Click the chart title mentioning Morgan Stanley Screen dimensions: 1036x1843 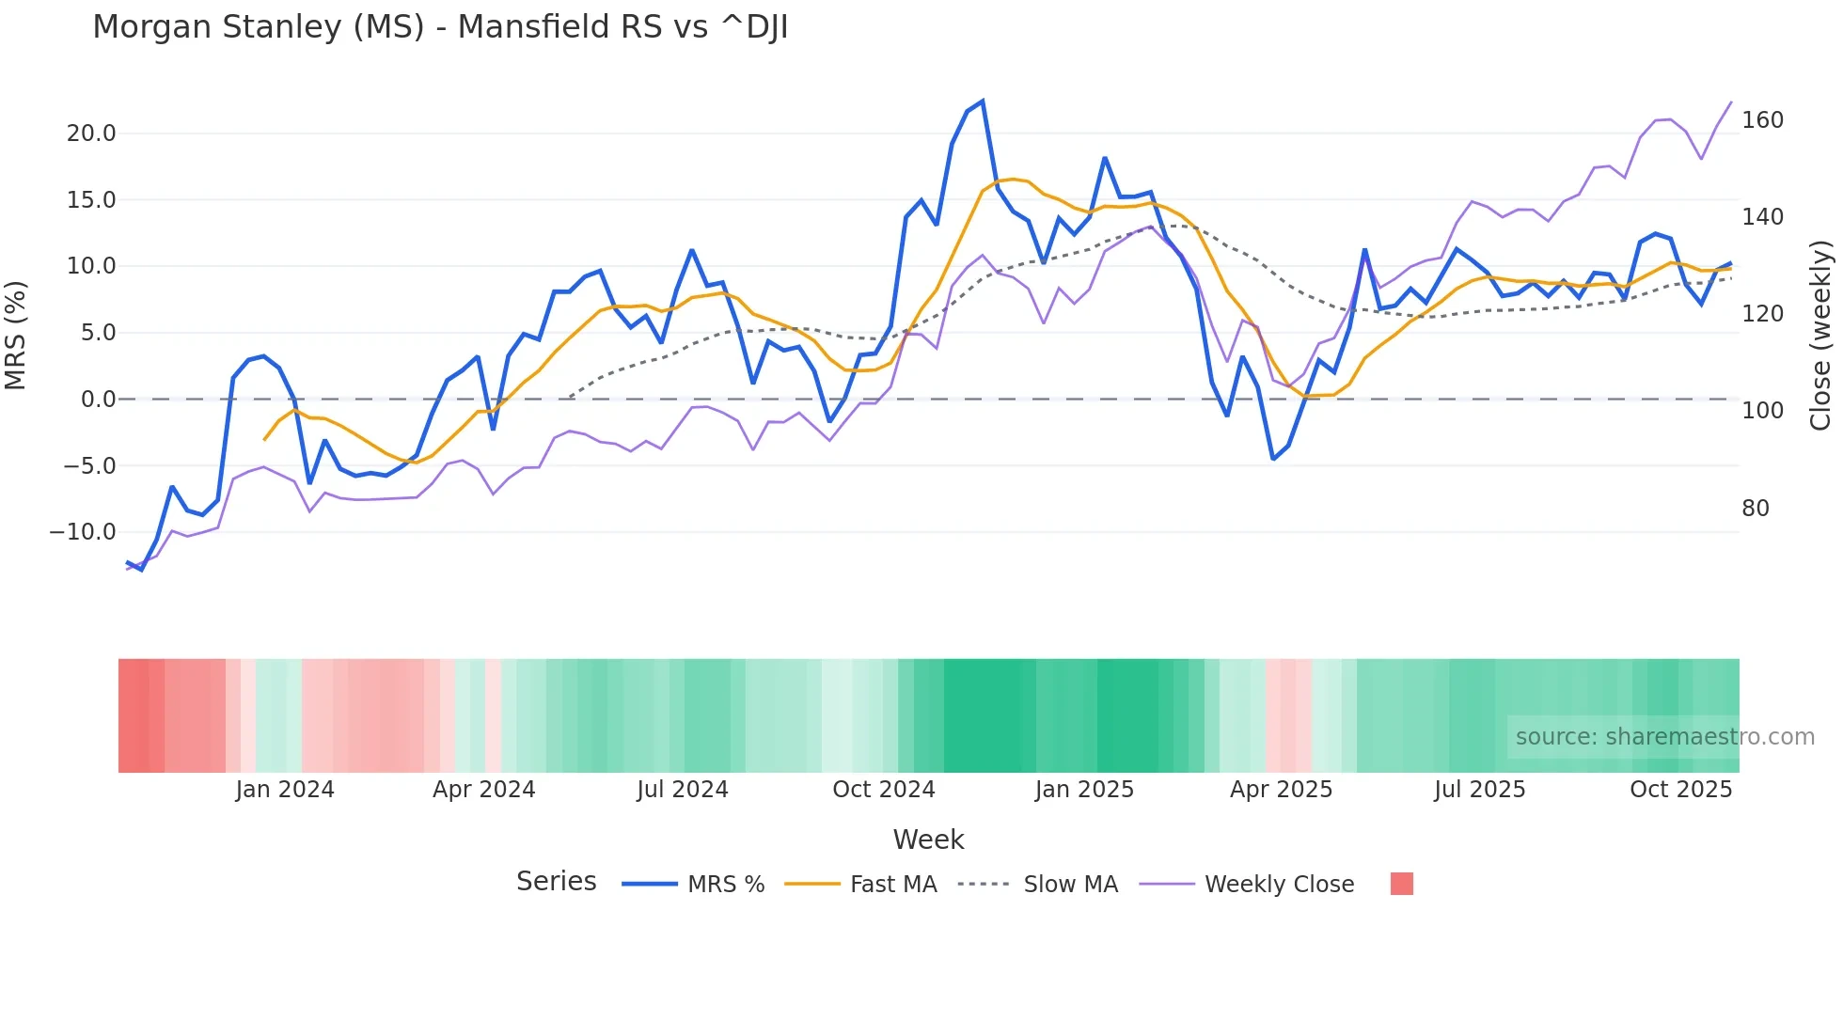click(x=440, y=27)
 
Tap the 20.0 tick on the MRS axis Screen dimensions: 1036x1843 click(x=91, y=133)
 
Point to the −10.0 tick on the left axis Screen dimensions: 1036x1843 click(x=83, y=532)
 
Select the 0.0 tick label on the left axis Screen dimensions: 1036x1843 click(x=98, y=400)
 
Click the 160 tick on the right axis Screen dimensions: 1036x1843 click(x=1762, y=120)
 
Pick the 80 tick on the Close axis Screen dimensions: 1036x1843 click(x=1756, y=509)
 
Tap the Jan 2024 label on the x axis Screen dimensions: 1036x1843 click(x=285, y=790)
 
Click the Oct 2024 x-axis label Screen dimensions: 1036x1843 click(x=884, y=790)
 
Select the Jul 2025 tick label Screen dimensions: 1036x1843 click(x=1479, y=790)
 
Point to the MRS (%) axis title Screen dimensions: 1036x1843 click(x=16, y=335)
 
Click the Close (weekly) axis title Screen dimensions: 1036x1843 click(x=1820, y=335)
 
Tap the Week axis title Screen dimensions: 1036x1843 click(x=928, y=840)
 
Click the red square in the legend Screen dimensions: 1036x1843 click(x=1401, y=884)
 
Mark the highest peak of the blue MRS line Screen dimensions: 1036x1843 click(x=983, y=101)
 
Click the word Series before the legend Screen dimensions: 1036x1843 click(x=556, y=882)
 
